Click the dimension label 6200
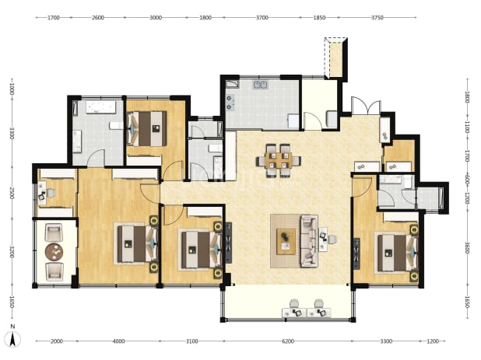point(288,341)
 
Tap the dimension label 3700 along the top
point(262,18)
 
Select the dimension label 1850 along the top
point(319,18)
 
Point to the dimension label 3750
point(377,18)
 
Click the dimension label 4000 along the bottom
point(119,341)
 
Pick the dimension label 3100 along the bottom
point(192,341)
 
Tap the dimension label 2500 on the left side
point(12,193)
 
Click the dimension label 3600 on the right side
point(467,247)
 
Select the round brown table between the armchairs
point(54,252)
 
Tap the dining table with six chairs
point(278,160)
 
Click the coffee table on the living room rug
point(286,241)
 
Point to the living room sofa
point(309,241)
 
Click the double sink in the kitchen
point(261,85)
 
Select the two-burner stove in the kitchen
point(229,103)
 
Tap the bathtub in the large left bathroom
point(100,107)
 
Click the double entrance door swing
point(366,106)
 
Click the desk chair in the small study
point(51,193)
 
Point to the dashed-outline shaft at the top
point(335,58)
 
